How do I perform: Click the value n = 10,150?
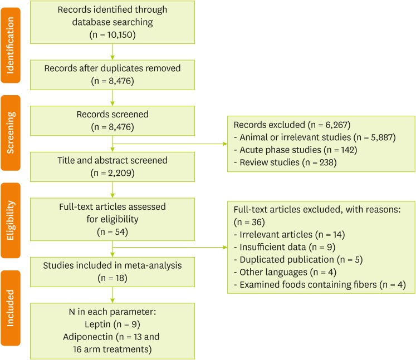click(112, 34)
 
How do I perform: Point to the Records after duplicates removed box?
click(112, 75)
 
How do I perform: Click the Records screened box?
click(112, 120)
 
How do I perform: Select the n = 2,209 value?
click(112, 172)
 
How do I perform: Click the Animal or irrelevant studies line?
click(315, 137)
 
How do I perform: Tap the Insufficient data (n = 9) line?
click(287, 247)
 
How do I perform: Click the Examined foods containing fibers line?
click(322, 285)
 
